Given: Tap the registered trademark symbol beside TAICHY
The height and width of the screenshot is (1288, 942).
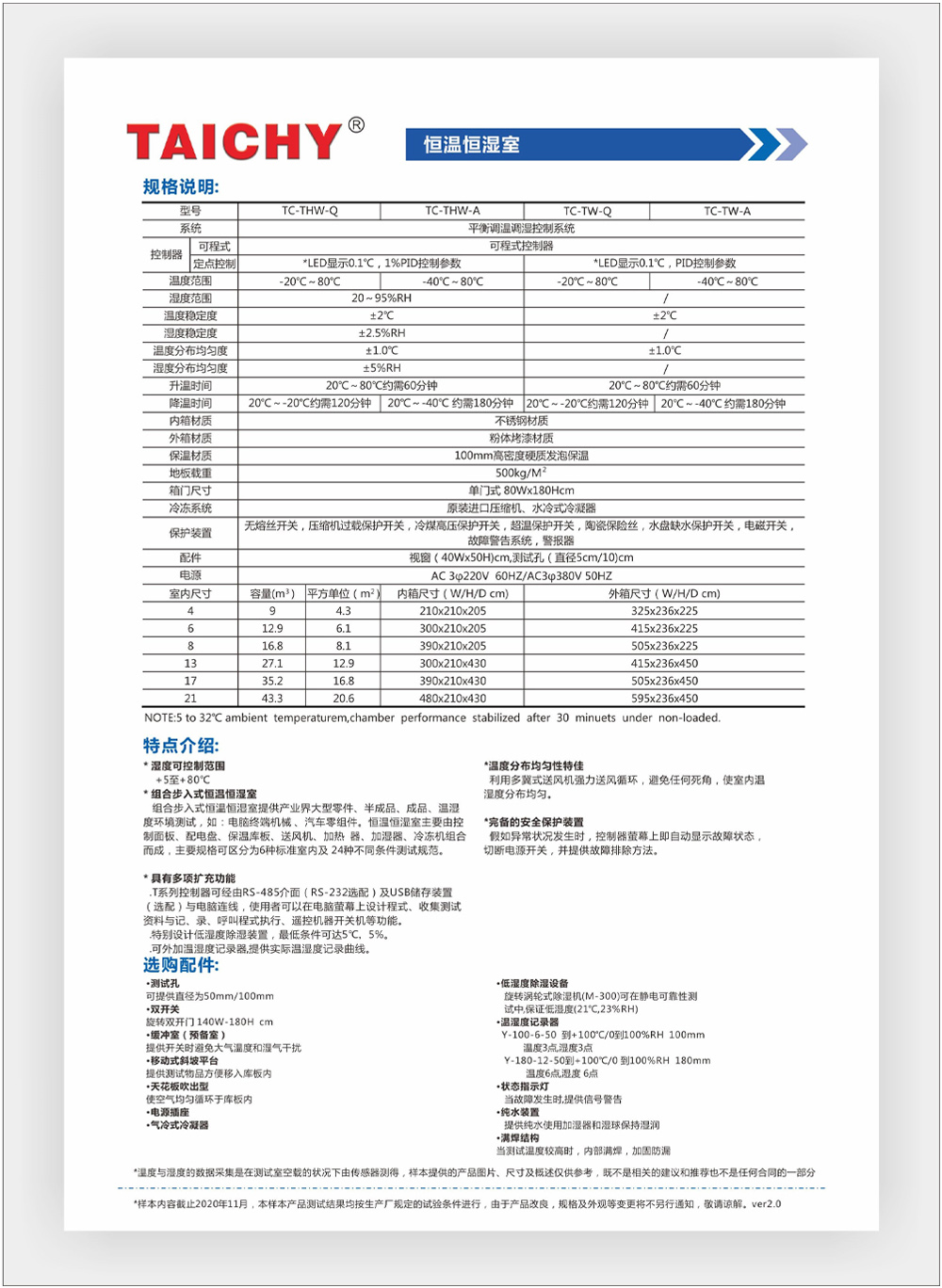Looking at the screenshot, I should [356, 125].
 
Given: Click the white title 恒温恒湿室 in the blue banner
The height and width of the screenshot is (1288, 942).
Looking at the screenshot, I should [471, 145].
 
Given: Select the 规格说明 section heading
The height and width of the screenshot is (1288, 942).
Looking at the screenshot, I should [181, 186].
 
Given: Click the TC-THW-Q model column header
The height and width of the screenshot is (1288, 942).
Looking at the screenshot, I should [309, 211].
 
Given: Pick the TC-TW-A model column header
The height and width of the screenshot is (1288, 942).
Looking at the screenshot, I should [727, 211].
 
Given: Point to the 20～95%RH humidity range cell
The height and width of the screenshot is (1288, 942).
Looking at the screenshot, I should [381, 298].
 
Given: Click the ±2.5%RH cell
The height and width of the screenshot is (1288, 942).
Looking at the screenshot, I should [381, 332].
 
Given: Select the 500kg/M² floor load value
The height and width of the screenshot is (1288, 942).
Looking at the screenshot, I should [521, 473].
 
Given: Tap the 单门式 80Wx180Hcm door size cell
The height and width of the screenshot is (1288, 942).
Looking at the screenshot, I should [521, 491].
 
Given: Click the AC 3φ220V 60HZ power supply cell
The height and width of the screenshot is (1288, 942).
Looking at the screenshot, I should [521, 575].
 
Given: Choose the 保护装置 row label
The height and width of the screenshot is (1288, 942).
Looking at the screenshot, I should [190, 533].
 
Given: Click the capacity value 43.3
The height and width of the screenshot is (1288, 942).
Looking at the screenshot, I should [272, 699].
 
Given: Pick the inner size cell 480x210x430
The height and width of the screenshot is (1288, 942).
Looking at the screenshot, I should [452, 699].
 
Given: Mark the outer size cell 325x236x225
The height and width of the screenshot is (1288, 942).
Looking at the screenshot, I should [664, 611].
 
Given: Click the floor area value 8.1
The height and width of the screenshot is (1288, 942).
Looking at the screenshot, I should [343, 646].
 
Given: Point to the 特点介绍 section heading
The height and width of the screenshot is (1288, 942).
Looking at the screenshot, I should [181, 746].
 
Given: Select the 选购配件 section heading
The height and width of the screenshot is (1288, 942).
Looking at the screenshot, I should [181, 965].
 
